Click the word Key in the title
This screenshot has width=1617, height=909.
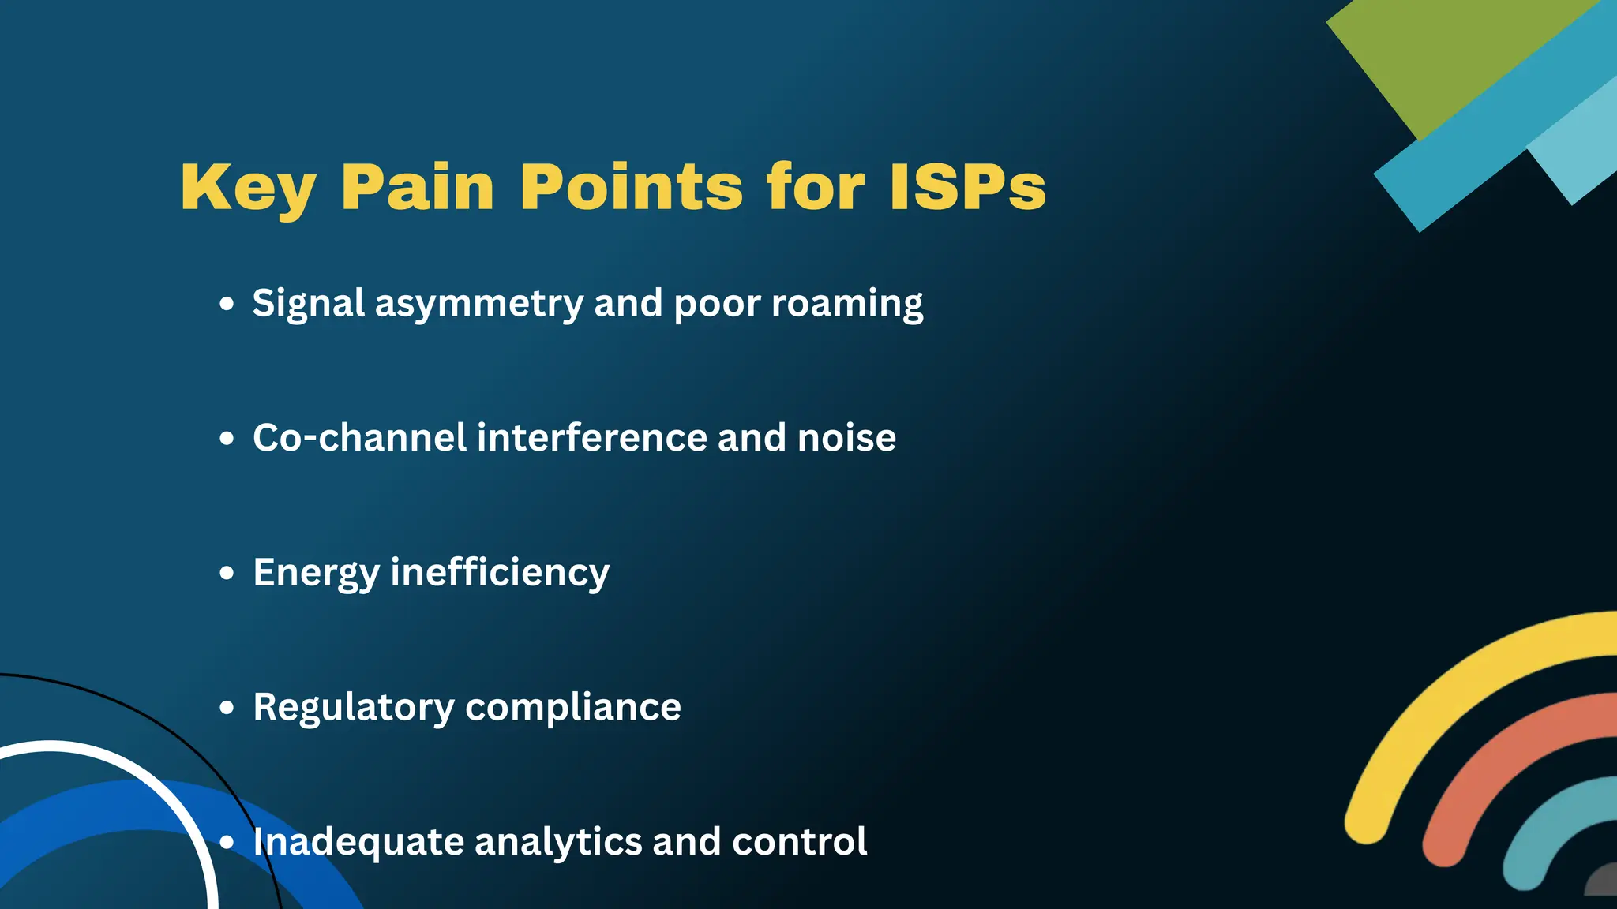click(x=248, y=188)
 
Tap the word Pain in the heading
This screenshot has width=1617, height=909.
click(x=417, y=188)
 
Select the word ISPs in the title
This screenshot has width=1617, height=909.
click(x=967, y=188)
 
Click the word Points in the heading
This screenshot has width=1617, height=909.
click(x=631, y=188)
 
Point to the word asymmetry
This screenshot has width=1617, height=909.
click(x=478, y=305)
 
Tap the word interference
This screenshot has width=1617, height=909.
click(x=592, y=438)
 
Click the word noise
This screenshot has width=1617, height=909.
click(x=846, y=438)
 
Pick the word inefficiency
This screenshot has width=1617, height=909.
click(x=500, y=574)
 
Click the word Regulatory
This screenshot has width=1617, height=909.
click(x=353, y=708)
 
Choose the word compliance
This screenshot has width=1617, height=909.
click(x=572, y=708)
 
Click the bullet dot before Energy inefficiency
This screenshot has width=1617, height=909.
click(x=227, y=573)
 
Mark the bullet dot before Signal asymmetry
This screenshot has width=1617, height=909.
click(x=227, y=304)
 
